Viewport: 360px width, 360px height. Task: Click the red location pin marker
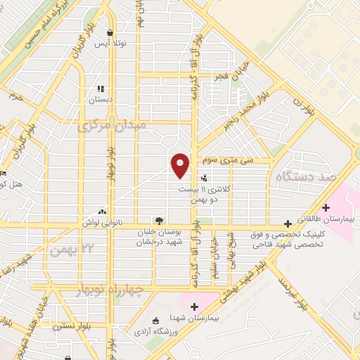[181, 165]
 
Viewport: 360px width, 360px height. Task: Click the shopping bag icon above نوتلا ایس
[110, 32]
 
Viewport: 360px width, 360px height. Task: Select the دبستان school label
[101, 100]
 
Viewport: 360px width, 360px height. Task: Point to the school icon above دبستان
[101, 89]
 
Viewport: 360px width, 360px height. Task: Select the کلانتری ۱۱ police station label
[203, 189]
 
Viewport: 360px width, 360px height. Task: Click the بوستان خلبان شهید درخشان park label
[159, 236]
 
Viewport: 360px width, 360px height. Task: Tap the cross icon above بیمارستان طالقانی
[326, 207]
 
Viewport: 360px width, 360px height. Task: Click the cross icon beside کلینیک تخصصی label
[287, 223]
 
